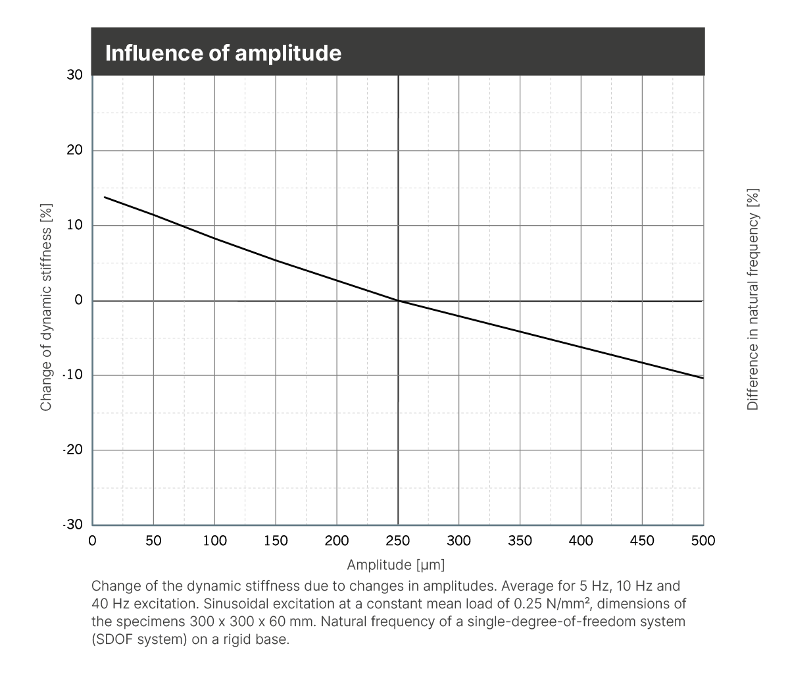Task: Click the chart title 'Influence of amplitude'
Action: [223, 53]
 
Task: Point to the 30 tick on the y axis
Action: [75, 75]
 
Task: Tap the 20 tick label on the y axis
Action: [75, 150]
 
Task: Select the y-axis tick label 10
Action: [75, 225]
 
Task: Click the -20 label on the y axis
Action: [73, 450]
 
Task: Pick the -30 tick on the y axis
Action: [73, 525]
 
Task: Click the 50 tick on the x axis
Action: [153, 541]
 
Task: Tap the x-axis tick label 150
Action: [276, 541]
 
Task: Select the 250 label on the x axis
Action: [398, 541]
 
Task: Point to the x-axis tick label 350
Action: [520, 541]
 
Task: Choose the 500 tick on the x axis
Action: [703, 541]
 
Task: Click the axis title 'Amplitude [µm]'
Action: [396, 565]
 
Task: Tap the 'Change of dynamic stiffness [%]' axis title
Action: [46, 307]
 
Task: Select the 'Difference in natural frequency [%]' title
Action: [753, 300]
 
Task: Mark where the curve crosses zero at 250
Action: [399, 301]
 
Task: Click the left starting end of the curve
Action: [105, 197]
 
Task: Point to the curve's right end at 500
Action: [703, 378]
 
